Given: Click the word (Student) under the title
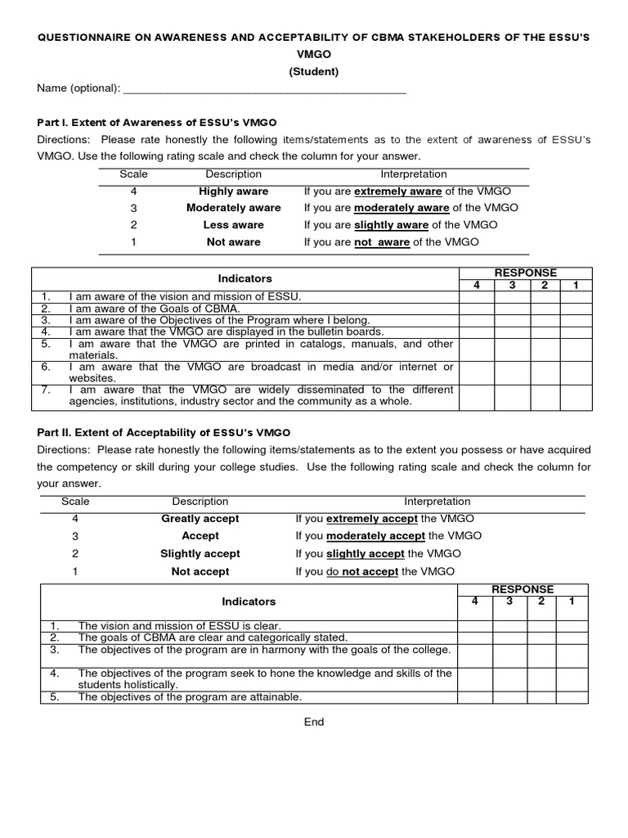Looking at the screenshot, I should click(x=313, y=71).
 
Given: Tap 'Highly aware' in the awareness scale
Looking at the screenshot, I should click(x=233, y=191).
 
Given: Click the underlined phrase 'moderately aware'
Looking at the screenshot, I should click(x=401, y=208).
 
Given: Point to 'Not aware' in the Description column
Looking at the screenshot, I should click(x=233, y=242).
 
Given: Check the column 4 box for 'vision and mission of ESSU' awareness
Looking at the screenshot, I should click(x=477, y=296).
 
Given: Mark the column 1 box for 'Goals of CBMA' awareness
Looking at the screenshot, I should click(x=576, y=309).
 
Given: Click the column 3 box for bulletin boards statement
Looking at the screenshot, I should click(x=512, y=332).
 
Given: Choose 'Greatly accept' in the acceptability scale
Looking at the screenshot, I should click(x=200, y=519).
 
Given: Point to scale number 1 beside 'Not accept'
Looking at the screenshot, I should click(x=75, y=572).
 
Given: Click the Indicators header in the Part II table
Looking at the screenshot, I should click(x=249, y=601).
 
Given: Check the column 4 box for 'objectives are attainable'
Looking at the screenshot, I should click(x=473, y=697).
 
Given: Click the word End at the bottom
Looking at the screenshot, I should click(x=314, y=723).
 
